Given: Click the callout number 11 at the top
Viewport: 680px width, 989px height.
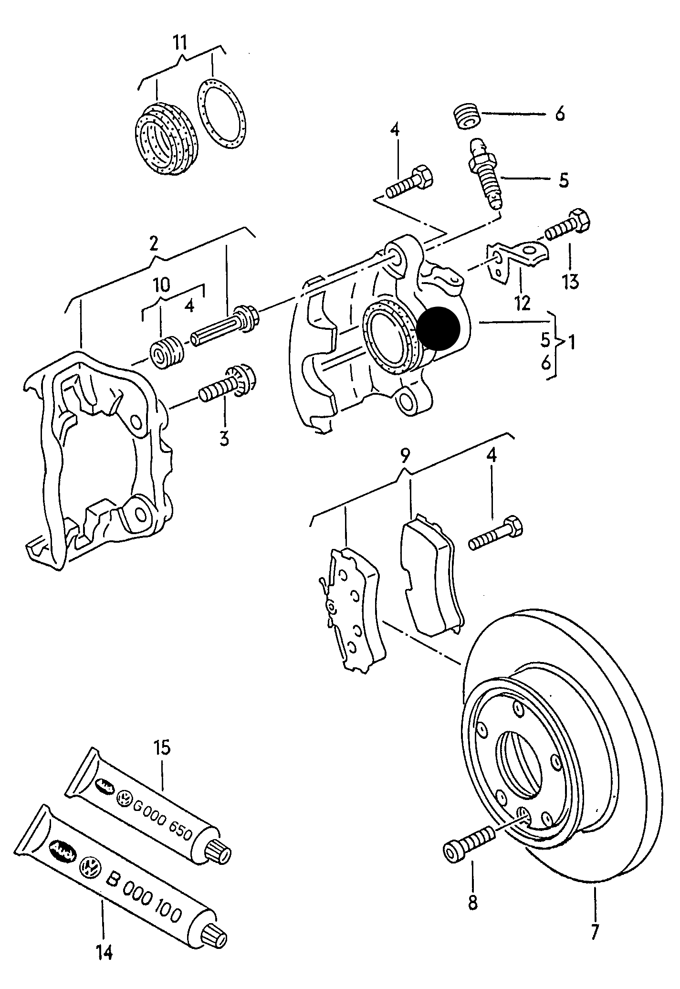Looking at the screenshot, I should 179,42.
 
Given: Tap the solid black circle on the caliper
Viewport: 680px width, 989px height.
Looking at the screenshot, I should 438,328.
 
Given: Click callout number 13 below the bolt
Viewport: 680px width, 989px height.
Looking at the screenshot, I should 571,281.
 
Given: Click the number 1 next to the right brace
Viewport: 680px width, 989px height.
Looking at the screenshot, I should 571,342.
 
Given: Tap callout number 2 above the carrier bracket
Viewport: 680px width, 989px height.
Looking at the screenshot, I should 154,244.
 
